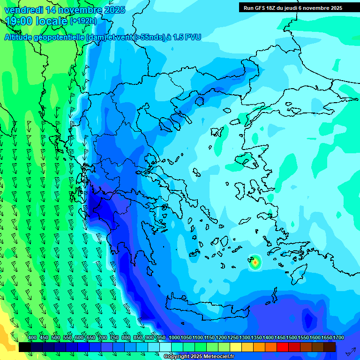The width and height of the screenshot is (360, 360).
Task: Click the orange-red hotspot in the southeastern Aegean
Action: tap(255, 263)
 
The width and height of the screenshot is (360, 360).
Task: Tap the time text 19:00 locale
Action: tap(37, 21)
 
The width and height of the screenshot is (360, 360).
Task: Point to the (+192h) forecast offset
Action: tap(83, 21)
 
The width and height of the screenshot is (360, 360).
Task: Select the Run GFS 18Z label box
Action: tap(292, 7)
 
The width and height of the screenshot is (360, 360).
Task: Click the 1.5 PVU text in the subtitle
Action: tap(187, 37)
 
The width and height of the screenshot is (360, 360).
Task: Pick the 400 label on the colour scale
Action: tap(32, 337)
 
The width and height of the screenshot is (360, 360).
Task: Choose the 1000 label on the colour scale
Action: tap(174, 337)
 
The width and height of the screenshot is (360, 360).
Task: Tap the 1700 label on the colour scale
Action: tap(326, 337)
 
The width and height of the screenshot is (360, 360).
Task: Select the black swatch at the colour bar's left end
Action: tap(25, 347)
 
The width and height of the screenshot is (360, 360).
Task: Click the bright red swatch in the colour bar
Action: tap(282, 347)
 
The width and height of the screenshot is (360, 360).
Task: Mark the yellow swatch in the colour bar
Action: tap(235, 347)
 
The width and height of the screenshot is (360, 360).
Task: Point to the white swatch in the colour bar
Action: tap(165, 347)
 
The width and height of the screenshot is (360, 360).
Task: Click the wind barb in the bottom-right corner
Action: tap(350, 351)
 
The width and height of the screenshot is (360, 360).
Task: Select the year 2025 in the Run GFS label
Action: tap(335, 7)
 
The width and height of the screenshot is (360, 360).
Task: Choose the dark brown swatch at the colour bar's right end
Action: tap(329, 347)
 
